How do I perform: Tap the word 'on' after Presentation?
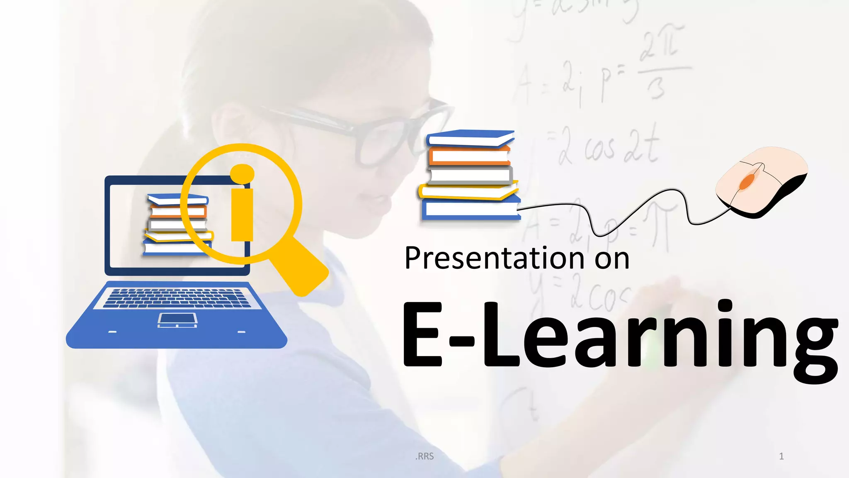(x=612, y=259)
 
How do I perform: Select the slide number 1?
(x=781, y=456)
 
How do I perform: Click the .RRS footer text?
(x=424, y=456)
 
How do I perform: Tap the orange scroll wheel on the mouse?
(x=747, y=181)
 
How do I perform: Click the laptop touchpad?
(x=177, y=320)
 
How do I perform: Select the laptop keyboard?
(x=177, y=298)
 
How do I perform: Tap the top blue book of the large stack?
(x=470, y=138)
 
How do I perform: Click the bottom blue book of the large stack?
(x=470, y=210)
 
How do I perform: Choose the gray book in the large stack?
(x=469, y=175)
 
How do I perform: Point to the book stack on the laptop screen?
(x=176, y=224)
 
